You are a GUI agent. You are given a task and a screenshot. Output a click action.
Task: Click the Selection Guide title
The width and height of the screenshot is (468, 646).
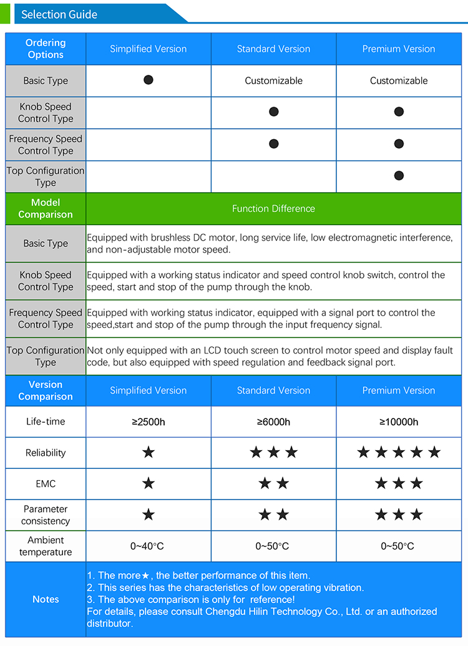(59, 14)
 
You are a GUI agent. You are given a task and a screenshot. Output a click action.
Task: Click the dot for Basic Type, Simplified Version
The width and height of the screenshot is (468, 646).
(149, 80)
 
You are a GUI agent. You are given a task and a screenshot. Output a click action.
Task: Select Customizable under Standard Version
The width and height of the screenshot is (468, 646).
(273, 80)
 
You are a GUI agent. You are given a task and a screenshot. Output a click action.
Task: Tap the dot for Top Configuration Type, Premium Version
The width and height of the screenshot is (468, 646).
(399, 176)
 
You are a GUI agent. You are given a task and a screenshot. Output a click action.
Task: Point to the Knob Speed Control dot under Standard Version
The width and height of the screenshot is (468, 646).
(273, 112)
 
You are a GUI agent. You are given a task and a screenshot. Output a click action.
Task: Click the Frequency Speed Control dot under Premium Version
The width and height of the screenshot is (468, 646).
(399, 144)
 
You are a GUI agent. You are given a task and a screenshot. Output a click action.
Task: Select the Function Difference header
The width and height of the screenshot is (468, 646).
(273, 208)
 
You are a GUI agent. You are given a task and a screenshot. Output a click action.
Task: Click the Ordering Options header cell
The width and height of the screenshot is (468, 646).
(46, 49)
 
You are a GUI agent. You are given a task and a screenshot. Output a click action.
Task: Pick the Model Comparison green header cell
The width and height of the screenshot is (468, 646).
(46, 208)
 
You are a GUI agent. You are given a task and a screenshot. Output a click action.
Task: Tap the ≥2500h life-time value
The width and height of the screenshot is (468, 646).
(149, 422)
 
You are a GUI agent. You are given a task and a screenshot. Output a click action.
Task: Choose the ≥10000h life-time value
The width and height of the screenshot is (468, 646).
(399, 422)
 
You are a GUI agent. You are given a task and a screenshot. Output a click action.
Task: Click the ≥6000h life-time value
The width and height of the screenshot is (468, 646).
(273, 422)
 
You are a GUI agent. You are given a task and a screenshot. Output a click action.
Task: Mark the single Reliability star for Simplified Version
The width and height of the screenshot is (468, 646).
(149, 453)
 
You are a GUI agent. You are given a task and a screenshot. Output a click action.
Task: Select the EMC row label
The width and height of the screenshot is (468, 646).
(46, 483)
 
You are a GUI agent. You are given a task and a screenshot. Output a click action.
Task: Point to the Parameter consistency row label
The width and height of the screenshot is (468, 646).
(46, 515)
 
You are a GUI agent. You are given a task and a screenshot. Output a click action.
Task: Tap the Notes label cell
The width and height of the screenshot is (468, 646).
(46, 599)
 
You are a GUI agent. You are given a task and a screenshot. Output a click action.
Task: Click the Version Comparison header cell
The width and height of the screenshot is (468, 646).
(46, 390)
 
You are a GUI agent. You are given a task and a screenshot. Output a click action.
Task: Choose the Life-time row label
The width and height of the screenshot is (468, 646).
(46, 422)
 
